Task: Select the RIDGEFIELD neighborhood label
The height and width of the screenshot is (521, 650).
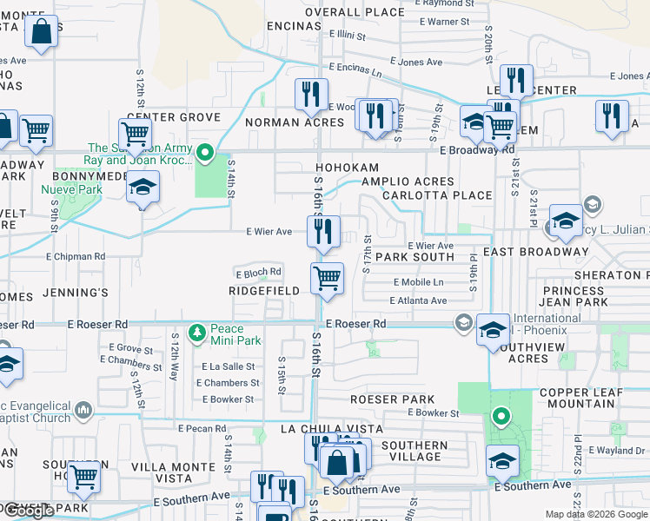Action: [264, 291]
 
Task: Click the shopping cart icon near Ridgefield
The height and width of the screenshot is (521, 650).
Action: [327, 279]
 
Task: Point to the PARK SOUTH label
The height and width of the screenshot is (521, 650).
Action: [415, 257]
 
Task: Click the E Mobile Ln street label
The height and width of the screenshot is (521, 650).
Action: [418, 282]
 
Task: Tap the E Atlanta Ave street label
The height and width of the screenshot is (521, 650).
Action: [418, 300]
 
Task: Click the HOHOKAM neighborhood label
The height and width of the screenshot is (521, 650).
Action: [347, 168]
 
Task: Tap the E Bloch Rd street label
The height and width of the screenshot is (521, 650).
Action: [258, 273]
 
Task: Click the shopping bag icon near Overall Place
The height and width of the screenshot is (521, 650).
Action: [40, 33]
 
